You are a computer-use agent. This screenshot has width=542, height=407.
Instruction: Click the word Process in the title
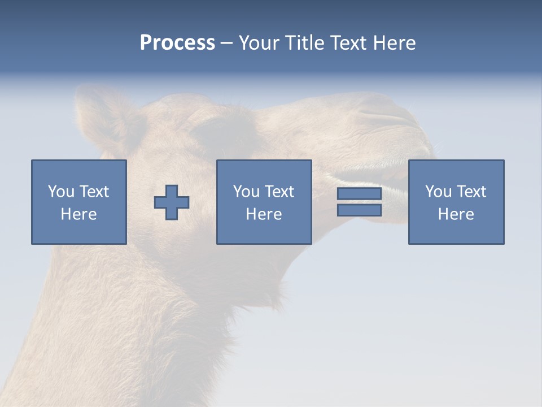pyautogui.click(x=177, y=43)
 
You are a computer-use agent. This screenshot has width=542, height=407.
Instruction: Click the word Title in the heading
pyautogui.click(x=305, y=43)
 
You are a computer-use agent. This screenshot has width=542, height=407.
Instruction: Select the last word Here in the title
pyautogui.click(x=394, y=43)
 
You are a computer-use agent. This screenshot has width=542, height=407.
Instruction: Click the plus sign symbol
pyautogui.click(x=172, y=202)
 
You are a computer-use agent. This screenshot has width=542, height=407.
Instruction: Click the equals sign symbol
pyautogui.click(x=359, y=202)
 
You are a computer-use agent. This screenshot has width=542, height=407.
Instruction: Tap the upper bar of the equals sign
pyautogui.click(x=359, y=194)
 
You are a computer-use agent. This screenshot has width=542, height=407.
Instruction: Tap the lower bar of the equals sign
pyautogui.click(x=359, y=210)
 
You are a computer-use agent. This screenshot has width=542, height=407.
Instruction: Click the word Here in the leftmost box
pyautogui.click(x=78, y=214)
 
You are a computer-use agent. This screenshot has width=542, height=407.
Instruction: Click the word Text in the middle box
pyautogui.click(x=278, y=192)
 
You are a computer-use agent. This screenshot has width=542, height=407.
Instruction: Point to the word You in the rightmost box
pyautogui.click(x=438, y=192)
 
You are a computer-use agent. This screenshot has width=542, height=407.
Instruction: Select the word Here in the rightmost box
pyautogui.click(x=456, y=214)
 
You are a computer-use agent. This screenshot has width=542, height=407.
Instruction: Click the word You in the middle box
pyautogui.click(x=246, y=192)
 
